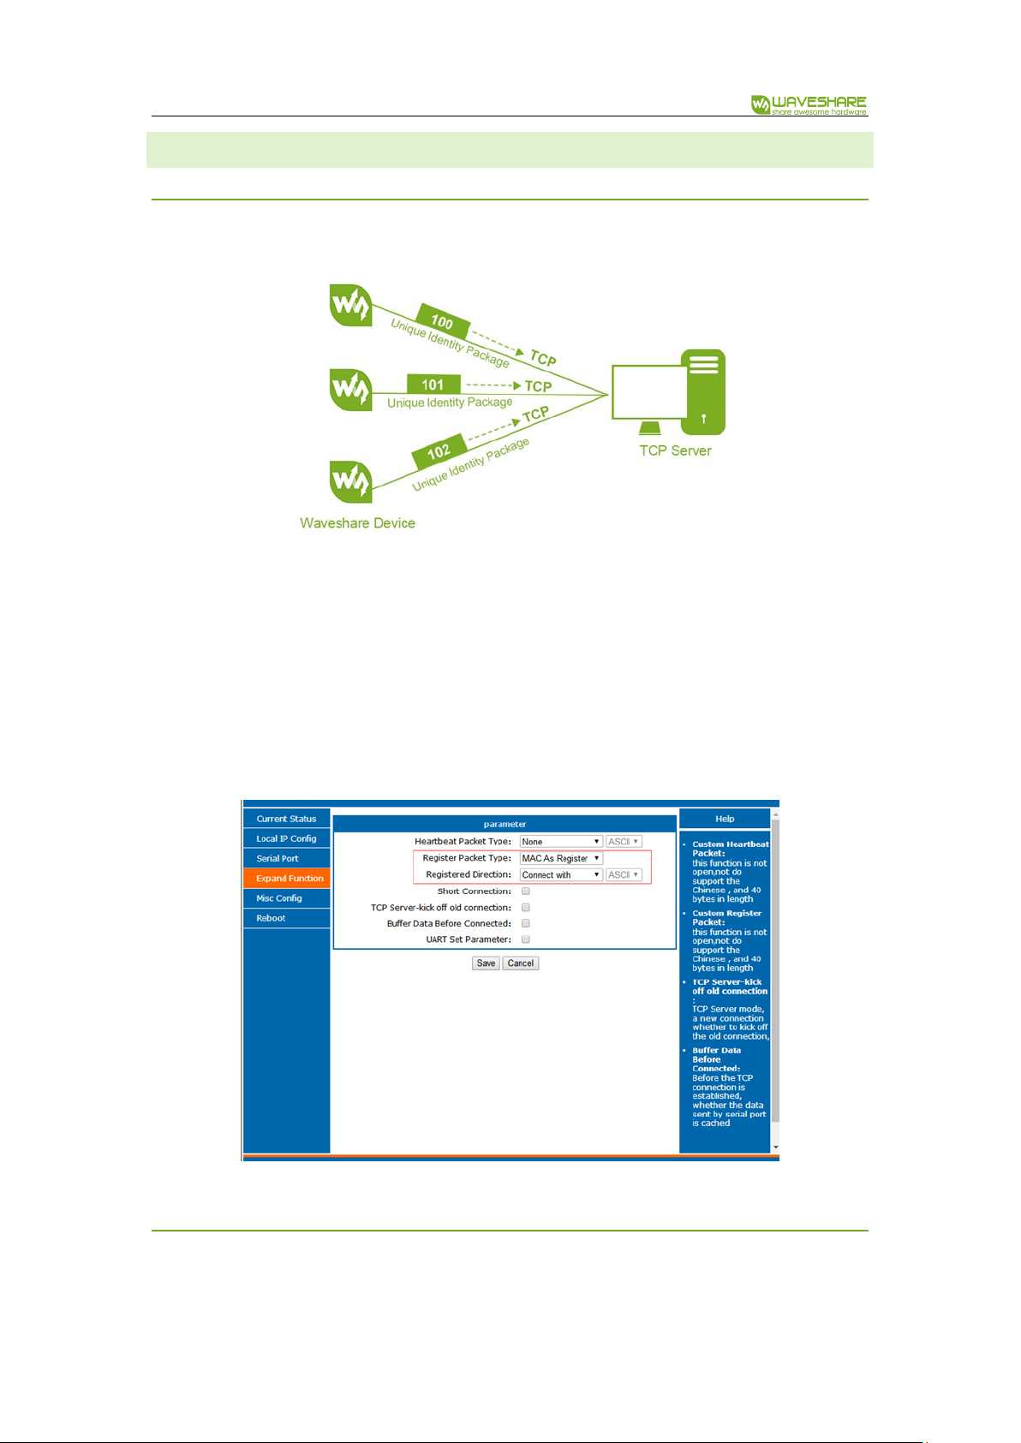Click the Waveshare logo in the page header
coord(809,104)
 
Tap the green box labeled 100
coord(443,320)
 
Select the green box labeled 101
coord(433,384)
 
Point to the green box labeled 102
coord(439,451)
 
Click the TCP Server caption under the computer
coord(675,450)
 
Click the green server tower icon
coord(703,391)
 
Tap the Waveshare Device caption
coord(357,523)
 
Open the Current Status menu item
coord(287,818)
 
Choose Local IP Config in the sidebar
coord(287,838)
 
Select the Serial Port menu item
coord(287,858)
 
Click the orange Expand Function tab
coord(287,878)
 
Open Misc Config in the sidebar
coord(287,898)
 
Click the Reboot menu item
coord(287,918)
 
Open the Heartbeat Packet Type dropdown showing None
coord(561,841)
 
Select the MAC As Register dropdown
coord(561,858)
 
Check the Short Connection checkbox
coord(526,891)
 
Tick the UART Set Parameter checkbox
coord(526,939)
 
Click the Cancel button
coord(521,963)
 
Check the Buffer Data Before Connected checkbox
coord(526,923)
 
